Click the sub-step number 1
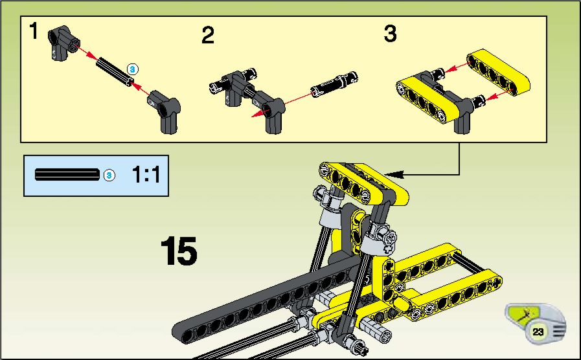pyautogui.click(x=34, y=30)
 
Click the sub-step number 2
pyautogui.click(x=208, y=35)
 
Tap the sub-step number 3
pyautogui.click(x=390, y=33)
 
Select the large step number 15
pyautogui.click(x=179, y=251)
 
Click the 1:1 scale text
pyautogui.click(x=146, y=175)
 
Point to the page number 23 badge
pyautogui.click(x=538, y=332)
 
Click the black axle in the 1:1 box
pyautogui.click(x=67, y=174)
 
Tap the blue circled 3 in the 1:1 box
pyautogui.click(x=109, y=175)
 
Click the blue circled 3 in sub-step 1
pyautogui.click(x=132, y=69)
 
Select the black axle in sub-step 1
pyautogui.click(x=115, y=72)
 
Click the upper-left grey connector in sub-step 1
pyautogui.click(x=63, y=43)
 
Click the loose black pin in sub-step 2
pyautogui.click(x=335, y=84)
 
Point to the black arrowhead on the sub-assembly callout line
pyautogui.click(x=394, y=174)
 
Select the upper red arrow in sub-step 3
pyautogui.click(x=456, y=67)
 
